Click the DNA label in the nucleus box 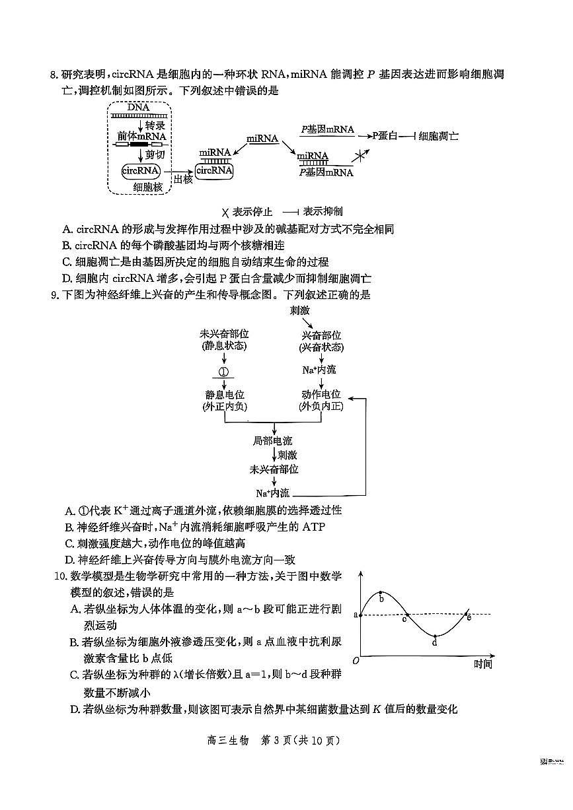[x=139, y=108]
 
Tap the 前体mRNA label [x=141, y=136]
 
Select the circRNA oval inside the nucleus [x=141, y=171]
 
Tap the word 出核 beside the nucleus [x=182, y=179]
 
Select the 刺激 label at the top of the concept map [x=299, y=310]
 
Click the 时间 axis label [x=482, y=664]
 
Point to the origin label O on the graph [x=356, y=661]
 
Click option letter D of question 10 [x=75, y=710]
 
